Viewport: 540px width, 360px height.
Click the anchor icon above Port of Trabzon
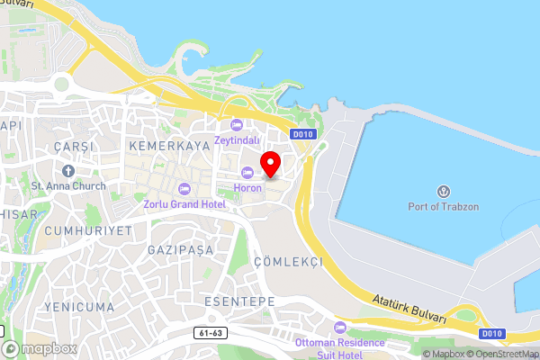pyautogui.click(x=443, y=192)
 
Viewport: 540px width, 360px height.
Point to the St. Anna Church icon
pyautogui.click(x=68, y=170)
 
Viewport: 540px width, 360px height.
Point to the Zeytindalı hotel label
pyautogui.click(x=237, y=139)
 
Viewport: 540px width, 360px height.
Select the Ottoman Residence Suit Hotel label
pyautogui.click(x=338, y=347)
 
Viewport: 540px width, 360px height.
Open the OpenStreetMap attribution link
pyautogui.click(x=496, y=353)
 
